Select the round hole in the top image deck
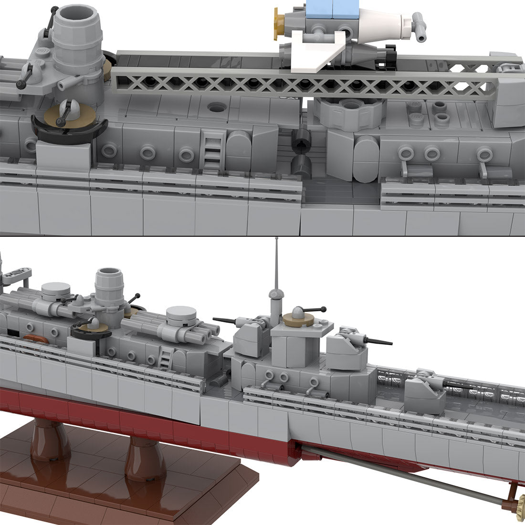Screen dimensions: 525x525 point(217,107)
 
